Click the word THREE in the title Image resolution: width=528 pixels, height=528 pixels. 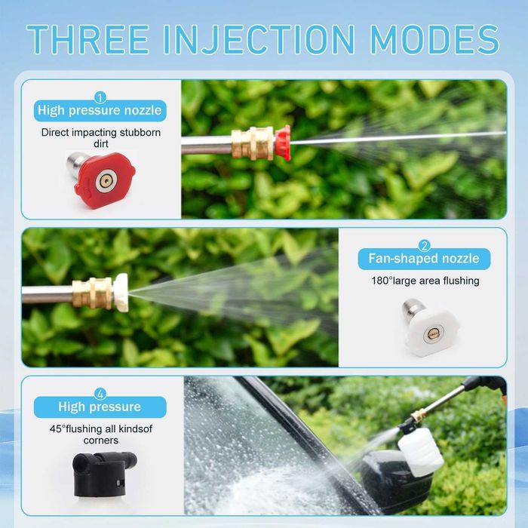point(88,39)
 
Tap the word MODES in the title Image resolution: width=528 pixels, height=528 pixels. point(434,39)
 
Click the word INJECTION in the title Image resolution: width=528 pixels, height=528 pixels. point(259,39)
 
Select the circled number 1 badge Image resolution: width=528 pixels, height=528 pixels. point(100,97)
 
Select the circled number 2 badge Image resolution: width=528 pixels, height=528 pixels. point(424,246)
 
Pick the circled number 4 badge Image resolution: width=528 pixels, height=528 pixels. point(100,394)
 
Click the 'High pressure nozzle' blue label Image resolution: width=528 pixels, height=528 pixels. point(100,110)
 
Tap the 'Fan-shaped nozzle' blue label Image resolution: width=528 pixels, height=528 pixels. point(424,259)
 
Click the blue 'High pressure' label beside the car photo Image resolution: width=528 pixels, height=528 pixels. point(100,407)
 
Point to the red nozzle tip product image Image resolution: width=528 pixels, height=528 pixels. point(102,180)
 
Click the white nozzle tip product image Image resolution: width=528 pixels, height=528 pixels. point(430,327)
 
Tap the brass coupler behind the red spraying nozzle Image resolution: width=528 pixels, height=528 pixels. point(253,143)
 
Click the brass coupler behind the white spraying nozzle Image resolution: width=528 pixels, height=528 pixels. point(92,293)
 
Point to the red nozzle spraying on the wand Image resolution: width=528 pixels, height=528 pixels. point(283,143)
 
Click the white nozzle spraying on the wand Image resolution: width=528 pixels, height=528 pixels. point(121,293)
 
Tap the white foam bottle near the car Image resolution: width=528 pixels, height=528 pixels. point(421,451)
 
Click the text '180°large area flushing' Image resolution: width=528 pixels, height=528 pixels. point(425,281)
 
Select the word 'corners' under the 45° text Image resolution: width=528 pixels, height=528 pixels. point(100,440)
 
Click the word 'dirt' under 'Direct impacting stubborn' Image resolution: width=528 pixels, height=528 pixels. point(100,144)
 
